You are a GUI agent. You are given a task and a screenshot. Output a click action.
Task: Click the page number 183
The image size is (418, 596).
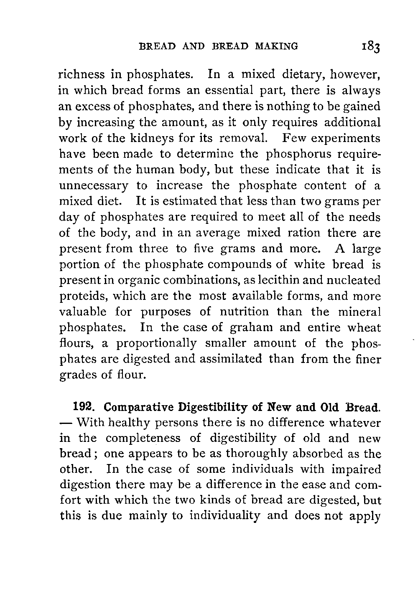(x=369, y=46)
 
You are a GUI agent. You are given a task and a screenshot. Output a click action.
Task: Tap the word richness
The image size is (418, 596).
(x=82, y=75)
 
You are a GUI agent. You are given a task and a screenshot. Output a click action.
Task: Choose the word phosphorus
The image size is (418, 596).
(x=295, y=154)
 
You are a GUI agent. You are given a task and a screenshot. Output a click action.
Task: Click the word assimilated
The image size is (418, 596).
(x=227, y=359)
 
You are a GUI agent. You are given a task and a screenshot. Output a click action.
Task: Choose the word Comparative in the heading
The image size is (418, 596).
(x=139, y=406)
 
